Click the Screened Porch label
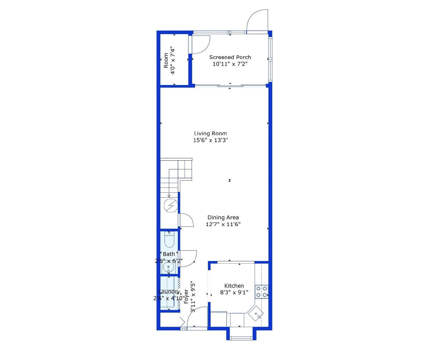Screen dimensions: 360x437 tap(230, 57)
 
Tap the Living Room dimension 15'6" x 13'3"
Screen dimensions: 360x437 tap(210, 140)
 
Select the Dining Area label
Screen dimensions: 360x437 tap(223, 217)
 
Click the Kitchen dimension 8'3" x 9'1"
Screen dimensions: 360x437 tap(234, 293)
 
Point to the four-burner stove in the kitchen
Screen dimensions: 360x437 tap(262, 292)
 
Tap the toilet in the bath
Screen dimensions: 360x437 tap(169, 240)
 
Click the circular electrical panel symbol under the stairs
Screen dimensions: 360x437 tap(171, 206)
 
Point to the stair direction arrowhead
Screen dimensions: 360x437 tap(169, 196)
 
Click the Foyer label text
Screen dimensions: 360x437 tap(186, 296)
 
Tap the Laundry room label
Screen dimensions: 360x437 tap(169, 292)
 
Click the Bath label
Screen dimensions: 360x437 tap(169, 254)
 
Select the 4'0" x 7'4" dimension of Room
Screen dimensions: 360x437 tap(173, 60)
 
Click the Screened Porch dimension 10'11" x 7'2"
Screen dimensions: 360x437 tap(230, 64)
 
